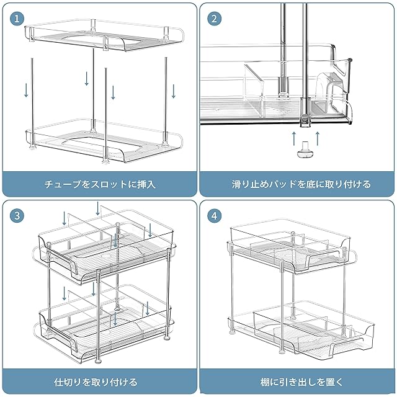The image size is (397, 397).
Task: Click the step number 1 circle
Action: (17, 19)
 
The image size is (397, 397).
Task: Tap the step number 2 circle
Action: (214, 19)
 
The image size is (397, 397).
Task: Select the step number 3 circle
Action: (17, 216)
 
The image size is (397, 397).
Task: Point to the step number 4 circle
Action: (214, 216)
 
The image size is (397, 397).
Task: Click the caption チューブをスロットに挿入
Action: (100, 184)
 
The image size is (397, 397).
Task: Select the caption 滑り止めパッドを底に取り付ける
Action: (301, 184)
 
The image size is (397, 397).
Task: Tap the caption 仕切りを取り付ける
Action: (96, 381)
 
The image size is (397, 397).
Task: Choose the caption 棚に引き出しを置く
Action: (301, 381)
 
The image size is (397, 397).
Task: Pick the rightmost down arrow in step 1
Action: (174, 91)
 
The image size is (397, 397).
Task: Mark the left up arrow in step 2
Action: (294, 138)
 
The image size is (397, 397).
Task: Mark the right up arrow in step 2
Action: (318, 138)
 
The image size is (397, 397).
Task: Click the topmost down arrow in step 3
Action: (98, 208)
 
